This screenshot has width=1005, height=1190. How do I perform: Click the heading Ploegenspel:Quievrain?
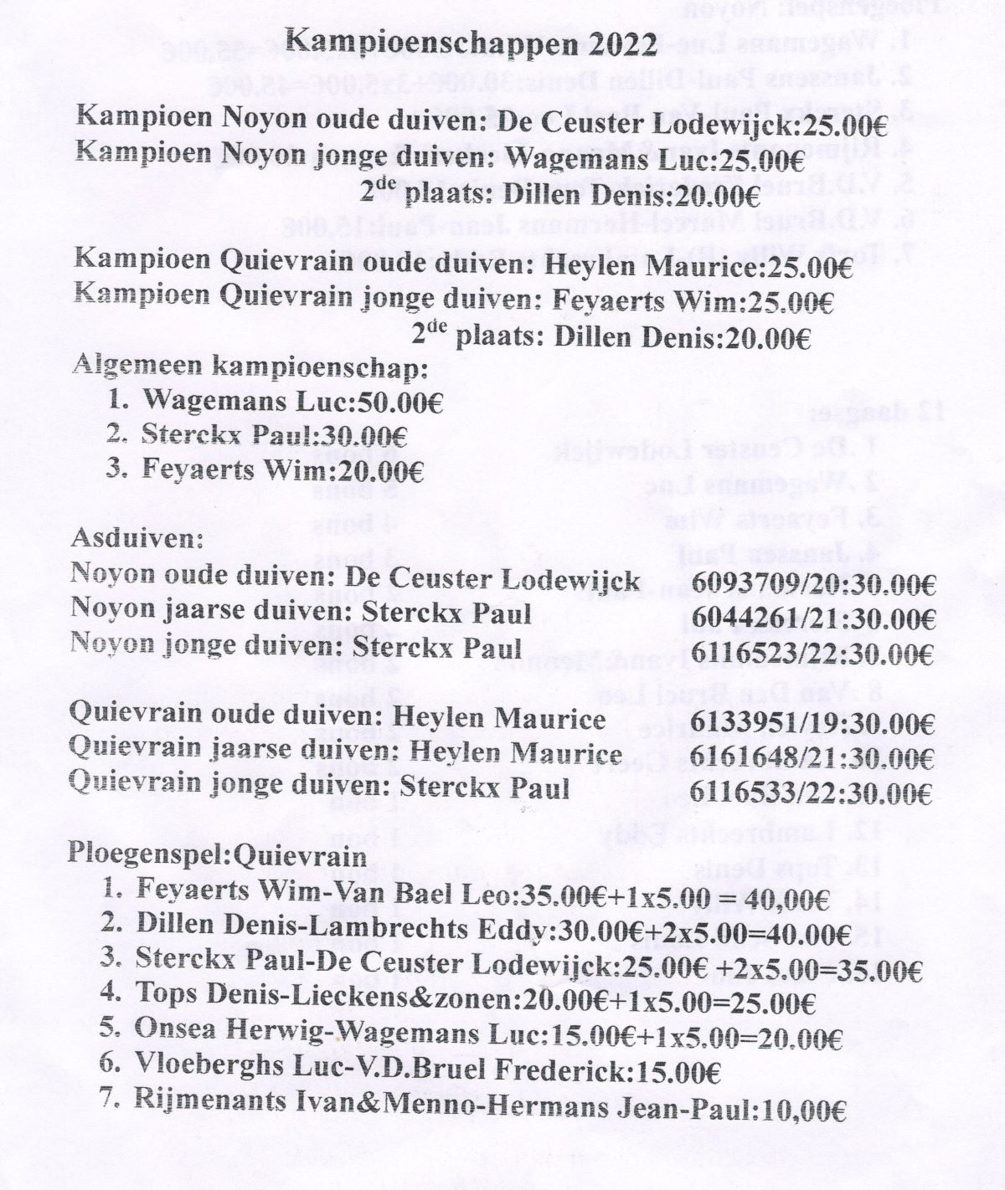[x=219, y=857]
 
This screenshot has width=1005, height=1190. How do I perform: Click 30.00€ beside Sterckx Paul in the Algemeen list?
[x=365, y=435]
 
